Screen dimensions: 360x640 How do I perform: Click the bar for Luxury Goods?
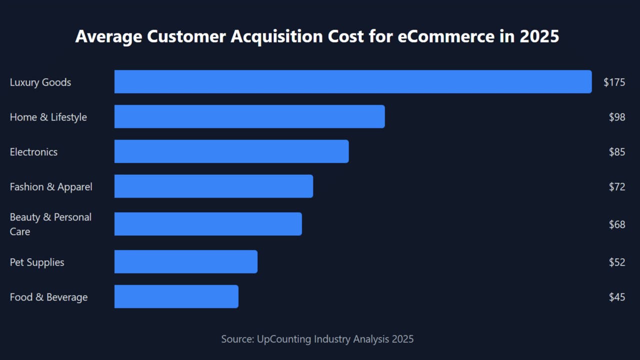352,82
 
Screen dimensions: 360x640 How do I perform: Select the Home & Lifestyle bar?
249,116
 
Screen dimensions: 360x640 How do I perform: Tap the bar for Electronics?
231,151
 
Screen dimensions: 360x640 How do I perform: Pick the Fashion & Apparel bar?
213,186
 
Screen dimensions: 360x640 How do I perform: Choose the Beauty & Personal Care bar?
208,224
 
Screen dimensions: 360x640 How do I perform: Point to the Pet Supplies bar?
186,262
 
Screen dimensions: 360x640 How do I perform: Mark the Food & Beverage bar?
176,296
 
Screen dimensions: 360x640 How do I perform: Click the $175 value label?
614,82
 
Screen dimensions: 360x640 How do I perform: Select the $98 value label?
617,117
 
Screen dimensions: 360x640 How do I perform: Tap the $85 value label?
617,152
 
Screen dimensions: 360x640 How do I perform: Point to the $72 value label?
617,187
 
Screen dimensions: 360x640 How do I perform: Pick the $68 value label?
617,224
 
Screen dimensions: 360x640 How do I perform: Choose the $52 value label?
617,262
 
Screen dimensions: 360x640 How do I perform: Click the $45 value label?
617,297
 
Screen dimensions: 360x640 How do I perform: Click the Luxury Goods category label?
40,82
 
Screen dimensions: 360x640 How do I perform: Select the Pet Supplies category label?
37,262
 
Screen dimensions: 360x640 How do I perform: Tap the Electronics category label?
33,152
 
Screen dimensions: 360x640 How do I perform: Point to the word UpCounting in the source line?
284,339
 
